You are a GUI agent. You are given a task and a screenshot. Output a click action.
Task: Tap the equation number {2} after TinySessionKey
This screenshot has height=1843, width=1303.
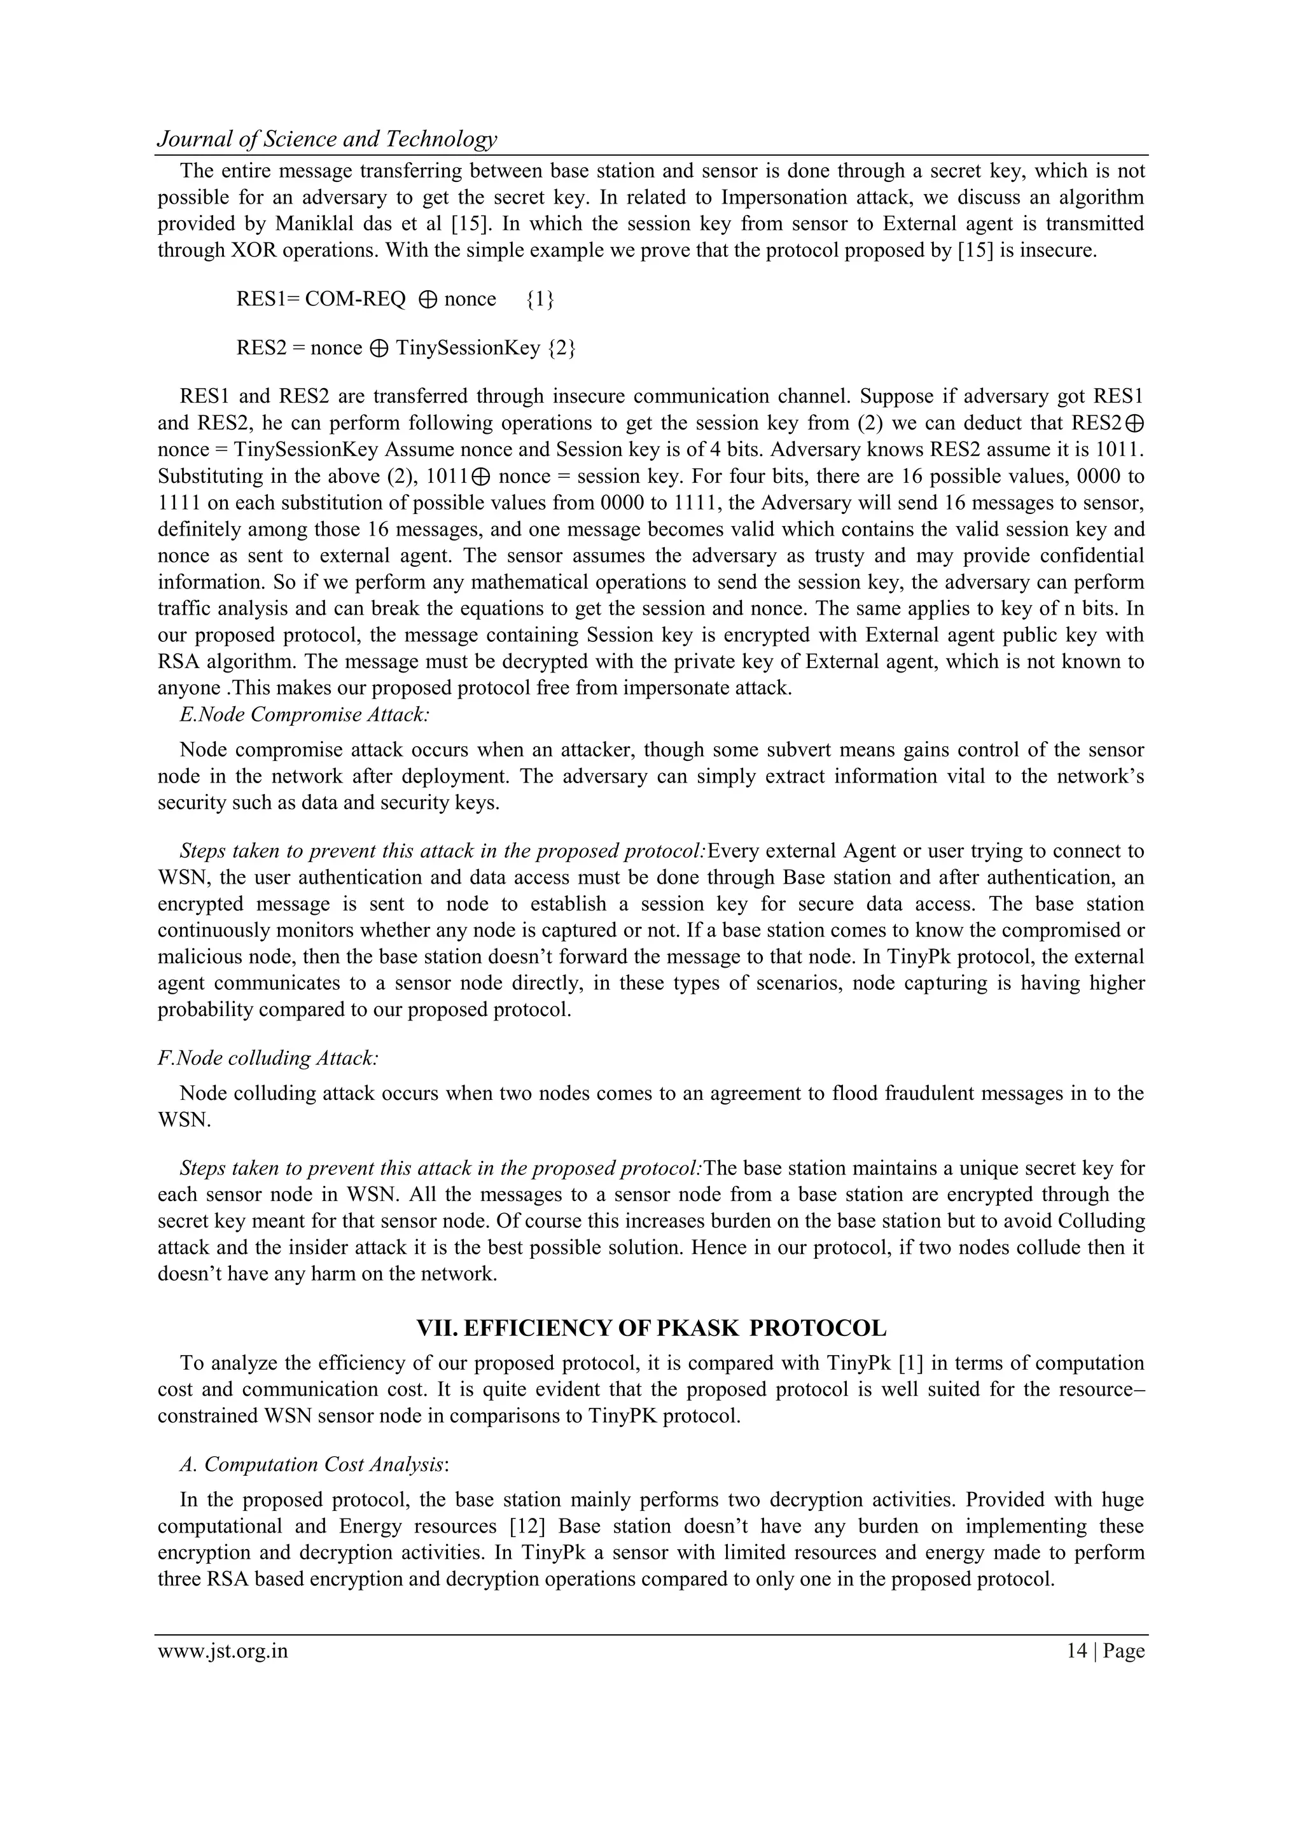pyautogui.click(x=561, y=349)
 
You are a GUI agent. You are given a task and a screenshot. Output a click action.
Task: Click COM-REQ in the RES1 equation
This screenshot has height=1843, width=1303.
pyautogui.click(x=356, y=300)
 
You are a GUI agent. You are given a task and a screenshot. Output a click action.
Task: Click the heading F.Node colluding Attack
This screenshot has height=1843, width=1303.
pyautogui.click(x=268, y=1058)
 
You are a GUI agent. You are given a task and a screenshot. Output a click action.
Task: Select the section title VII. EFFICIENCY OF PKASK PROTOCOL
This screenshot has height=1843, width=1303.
pyautogui.click(x=651, y=1328)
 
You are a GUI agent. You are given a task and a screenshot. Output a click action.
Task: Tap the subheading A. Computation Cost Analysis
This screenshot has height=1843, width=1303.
pyautogui.click(x=314, y=1464)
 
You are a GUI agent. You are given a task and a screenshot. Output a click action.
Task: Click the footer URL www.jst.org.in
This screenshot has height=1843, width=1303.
pyautogui.click(x=223, y=1651)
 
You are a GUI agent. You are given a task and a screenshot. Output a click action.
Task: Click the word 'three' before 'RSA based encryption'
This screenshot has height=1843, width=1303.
pyautogui.click(x=179, y=1579)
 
